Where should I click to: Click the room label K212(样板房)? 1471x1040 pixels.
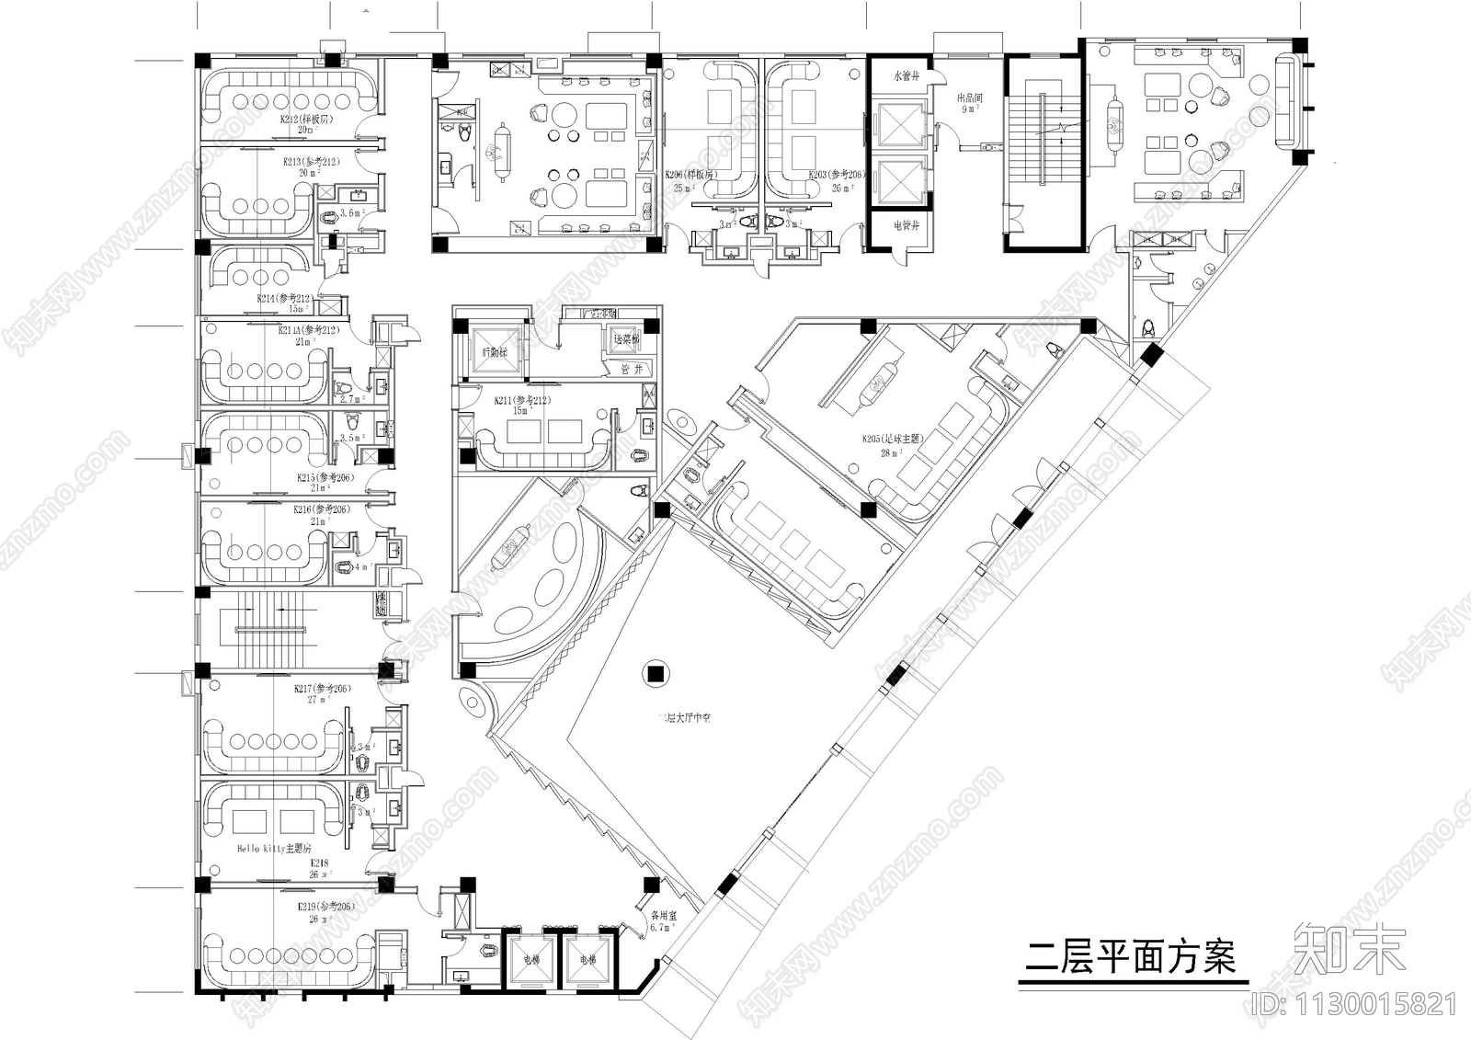click(306, 120)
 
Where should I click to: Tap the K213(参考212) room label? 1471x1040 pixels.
click(312, 162)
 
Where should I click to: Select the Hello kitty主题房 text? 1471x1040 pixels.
click(275, 849)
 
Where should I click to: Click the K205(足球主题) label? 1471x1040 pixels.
click(893, 440)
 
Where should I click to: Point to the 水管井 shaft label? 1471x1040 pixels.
click(907, 76)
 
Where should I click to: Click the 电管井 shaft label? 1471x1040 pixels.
click(907, 224)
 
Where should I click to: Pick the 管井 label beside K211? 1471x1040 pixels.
click(632, 369)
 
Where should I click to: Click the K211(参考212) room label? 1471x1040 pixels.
click(521, 401)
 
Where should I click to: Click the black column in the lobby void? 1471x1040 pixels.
click(656, 673)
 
